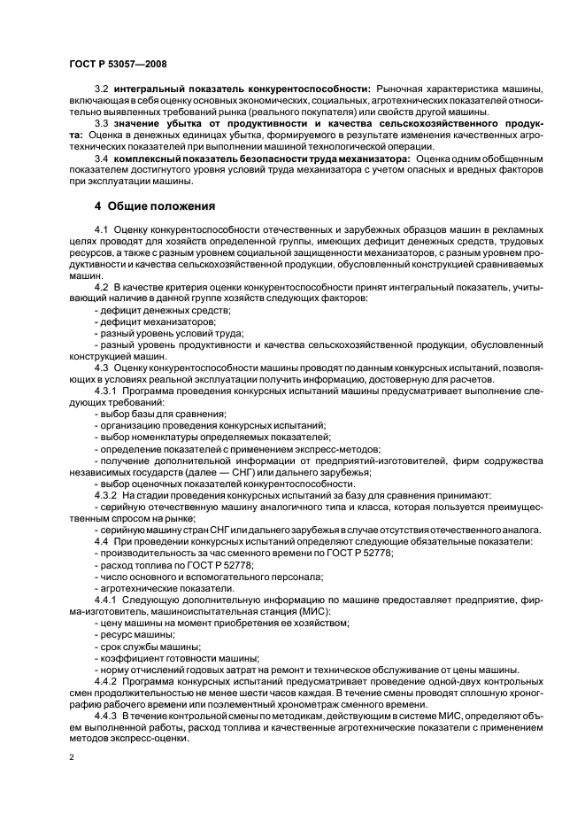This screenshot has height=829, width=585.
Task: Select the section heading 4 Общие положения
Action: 156,207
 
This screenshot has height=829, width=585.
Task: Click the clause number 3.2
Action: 102,89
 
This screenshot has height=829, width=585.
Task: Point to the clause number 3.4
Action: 102,159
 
